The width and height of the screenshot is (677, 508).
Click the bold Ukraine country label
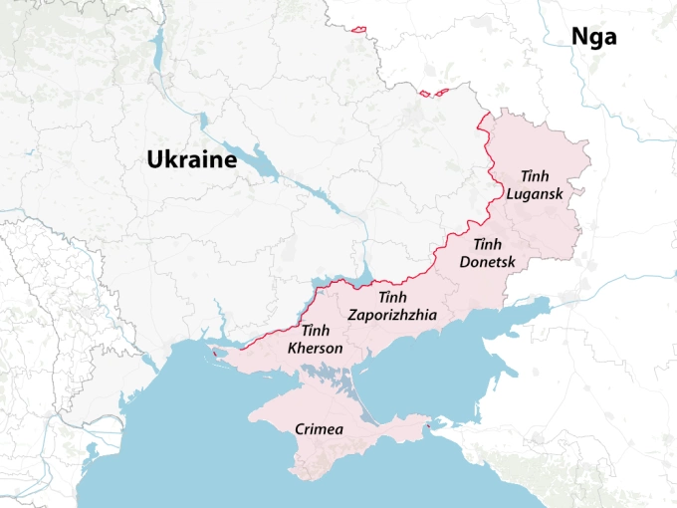tap(191, 159)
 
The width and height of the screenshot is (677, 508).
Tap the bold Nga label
tap(593, 38)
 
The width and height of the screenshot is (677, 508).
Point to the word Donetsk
tap(488, 262)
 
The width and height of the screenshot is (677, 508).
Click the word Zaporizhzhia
tap(392, 315)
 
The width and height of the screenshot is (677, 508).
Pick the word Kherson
tap(315, 348)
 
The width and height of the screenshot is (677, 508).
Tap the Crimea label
tap(320, 430)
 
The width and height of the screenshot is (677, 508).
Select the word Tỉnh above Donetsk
tap(487, 245)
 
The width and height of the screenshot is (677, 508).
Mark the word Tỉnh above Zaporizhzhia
tap(393, 298)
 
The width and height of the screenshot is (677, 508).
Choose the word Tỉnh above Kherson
tap(315, 331)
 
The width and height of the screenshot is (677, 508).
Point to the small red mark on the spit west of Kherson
tap(213, 353)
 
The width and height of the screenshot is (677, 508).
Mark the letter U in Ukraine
tap(155, 159)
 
